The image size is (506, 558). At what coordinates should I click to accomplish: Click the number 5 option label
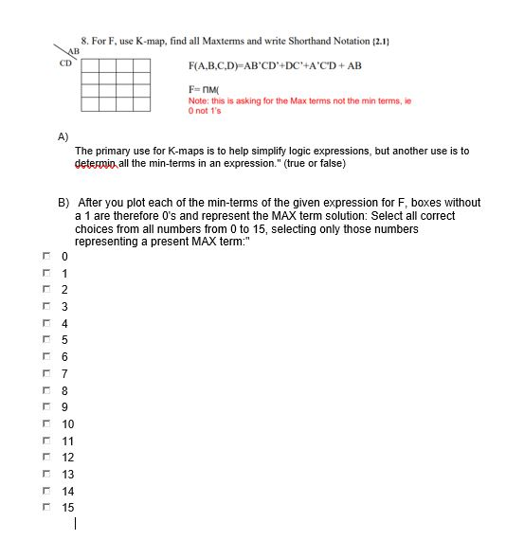(65, 339)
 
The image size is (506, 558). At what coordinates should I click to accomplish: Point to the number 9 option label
(65, 406)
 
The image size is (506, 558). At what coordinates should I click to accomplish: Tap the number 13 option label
(68, 474)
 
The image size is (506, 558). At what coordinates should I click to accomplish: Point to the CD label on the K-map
(64, 64)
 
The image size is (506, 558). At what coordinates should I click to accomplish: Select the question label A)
(63, 136)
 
